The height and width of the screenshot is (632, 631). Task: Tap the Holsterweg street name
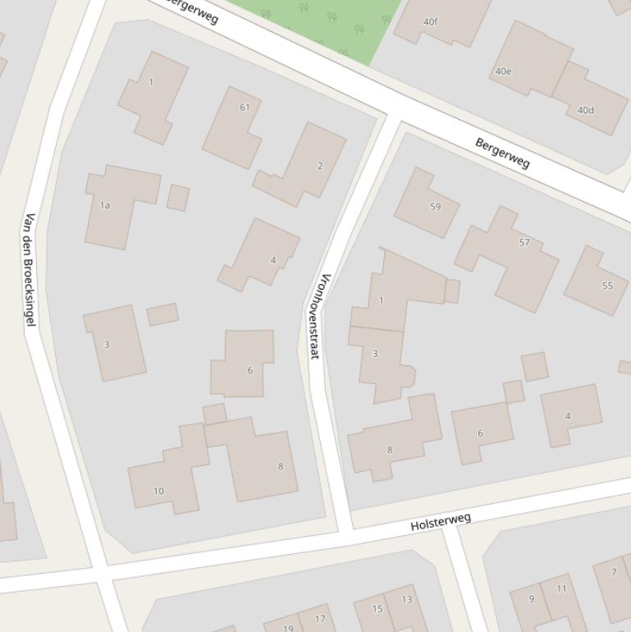click(x=441, y=521)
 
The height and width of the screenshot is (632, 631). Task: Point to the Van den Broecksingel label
click(x=30, y=269)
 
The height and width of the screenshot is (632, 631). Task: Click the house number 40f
click(x=431, y=22)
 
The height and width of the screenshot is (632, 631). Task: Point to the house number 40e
click(x=503, y=71)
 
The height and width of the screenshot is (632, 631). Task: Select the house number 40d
click(x=585, y=110)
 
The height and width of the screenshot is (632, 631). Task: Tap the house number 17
click(x=320, y=619)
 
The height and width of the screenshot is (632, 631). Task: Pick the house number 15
click(x=377, y=609)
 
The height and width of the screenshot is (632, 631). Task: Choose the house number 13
click(x=406, y=599)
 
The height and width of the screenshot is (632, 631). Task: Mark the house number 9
click(x=531, y=598)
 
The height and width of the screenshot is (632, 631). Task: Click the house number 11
click(x=561, y=588)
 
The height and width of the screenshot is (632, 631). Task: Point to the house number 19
click(x=288, y=628)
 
